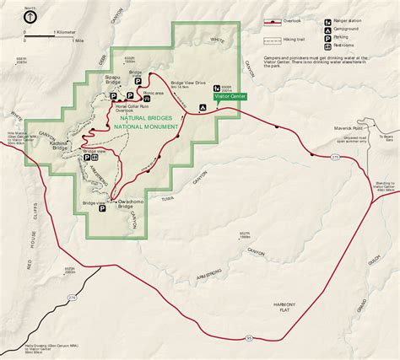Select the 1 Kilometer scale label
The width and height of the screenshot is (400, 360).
64,32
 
